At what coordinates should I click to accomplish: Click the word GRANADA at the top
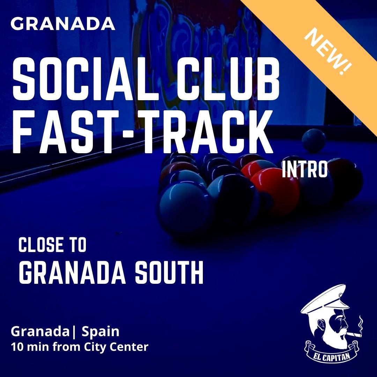[63, 24]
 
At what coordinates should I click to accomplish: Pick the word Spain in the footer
[101, 332]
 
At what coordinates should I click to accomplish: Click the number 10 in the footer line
[16, 347]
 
